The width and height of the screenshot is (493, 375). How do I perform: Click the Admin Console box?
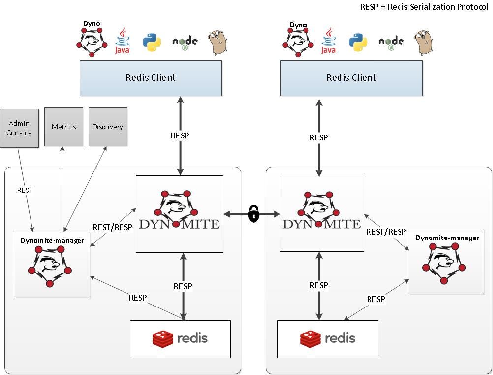[x=19, y=128]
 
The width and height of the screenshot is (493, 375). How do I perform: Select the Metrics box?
[x=63, y=127]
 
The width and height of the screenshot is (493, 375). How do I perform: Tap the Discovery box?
[x=108, y=127]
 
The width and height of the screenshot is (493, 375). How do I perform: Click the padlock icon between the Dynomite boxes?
[x=253, y=214]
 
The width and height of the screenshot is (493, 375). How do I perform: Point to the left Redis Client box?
[x=151, y=78]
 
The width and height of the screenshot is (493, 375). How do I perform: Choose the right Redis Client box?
[x=351, y=78]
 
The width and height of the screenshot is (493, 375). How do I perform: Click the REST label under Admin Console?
[x=25, y=190]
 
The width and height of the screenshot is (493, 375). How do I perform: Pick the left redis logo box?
[x=180, y=339]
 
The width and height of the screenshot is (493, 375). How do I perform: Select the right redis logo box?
[x=328, y=339]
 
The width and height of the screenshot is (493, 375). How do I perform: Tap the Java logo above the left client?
[x=122, y=41]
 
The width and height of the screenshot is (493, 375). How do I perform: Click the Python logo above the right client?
[x=358, y=42]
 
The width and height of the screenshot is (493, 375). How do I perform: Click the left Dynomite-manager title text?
[x=52, y=240]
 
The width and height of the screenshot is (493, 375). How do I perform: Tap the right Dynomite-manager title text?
[x=447, y=238]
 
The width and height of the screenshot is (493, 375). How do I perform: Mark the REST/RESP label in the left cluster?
[x=112, y=227]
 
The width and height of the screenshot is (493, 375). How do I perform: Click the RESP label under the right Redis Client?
[x=318, y=137]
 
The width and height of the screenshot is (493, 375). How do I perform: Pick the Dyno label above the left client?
[x=92, y=23]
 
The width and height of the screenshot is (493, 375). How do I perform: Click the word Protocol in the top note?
[x=471, y=7]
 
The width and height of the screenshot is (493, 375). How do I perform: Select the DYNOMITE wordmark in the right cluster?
[x=322, y=224]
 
